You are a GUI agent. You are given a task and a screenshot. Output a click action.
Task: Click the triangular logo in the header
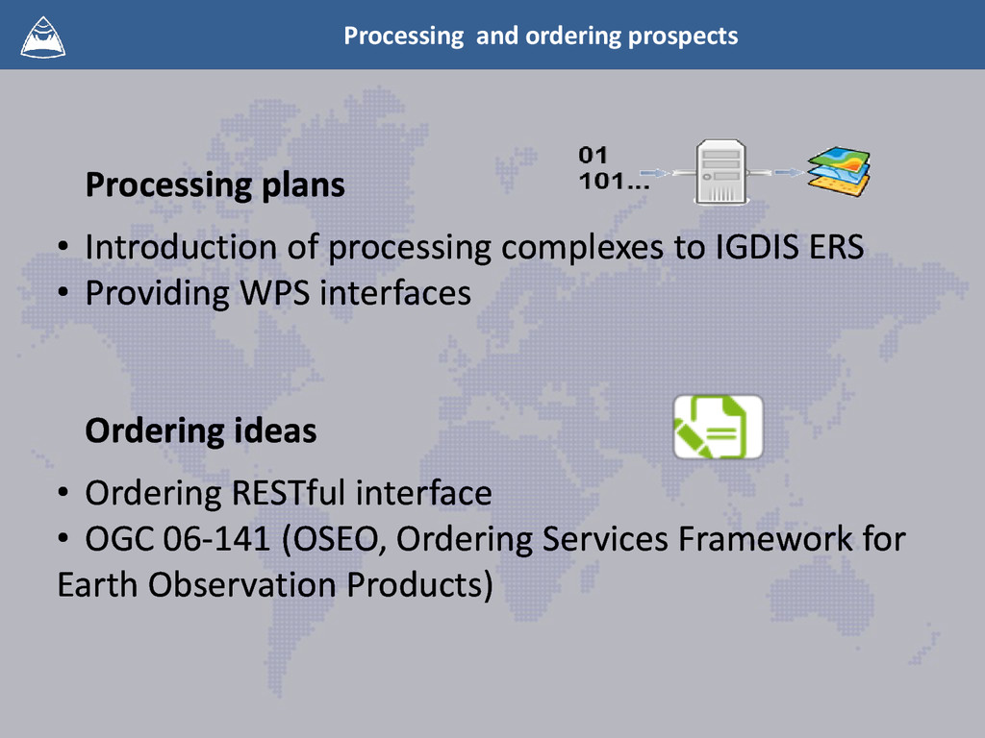(x=43, y=36)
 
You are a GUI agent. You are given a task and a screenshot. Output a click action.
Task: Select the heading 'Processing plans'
(x=215, y=184)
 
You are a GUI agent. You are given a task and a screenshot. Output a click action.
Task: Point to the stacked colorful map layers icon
(x=839, y=173)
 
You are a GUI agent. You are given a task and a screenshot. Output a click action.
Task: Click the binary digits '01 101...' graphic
(x=611, y=168)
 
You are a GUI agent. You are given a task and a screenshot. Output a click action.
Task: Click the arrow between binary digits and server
(x=668, y=173)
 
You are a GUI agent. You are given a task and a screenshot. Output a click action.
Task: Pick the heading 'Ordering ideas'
(x=200, y=430)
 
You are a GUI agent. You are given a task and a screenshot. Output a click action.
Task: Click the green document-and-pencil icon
(x=718, y=426)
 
